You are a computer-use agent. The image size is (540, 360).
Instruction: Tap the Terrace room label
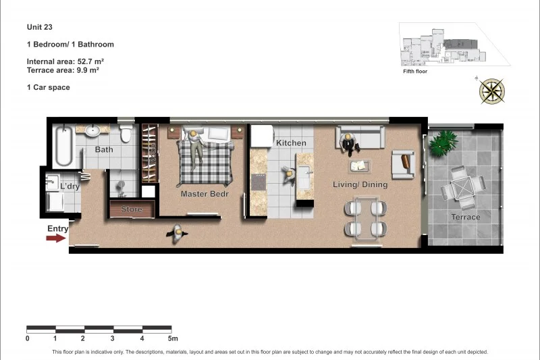(466, 217)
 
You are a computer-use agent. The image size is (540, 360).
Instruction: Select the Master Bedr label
(205, 194)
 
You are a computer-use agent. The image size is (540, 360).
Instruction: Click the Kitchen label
(291, 143)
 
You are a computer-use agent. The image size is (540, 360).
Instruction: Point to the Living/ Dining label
(360, 184)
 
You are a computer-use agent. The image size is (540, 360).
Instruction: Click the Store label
(132, 209)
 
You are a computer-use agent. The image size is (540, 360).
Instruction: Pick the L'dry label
(70, 186)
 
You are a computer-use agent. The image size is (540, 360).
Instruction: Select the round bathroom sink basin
(93, 130)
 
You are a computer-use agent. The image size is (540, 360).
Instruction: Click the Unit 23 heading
(40, 27)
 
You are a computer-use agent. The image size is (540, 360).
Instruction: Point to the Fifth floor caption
(415, 71)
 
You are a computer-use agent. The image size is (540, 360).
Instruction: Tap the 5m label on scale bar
(173, 338)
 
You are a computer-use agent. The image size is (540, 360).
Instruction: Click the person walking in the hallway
(179, 233)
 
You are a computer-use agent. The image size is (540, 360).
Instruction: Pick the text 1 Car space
(48, 87)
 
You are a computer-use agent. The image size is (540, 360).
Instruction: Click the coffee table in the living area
(359, 165)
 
